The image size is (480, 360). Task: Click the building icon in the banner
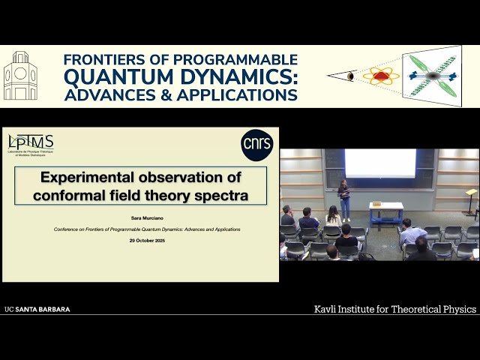coord(20,76)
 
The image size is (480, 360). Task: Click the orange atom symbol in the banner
coord(381,76)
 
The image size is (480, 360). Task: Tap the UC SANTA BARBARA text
coord(37,309)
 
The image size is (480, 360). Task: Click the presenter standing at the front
coord(344,198)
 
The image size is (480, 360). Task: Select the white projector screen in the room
coord(380,163)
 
